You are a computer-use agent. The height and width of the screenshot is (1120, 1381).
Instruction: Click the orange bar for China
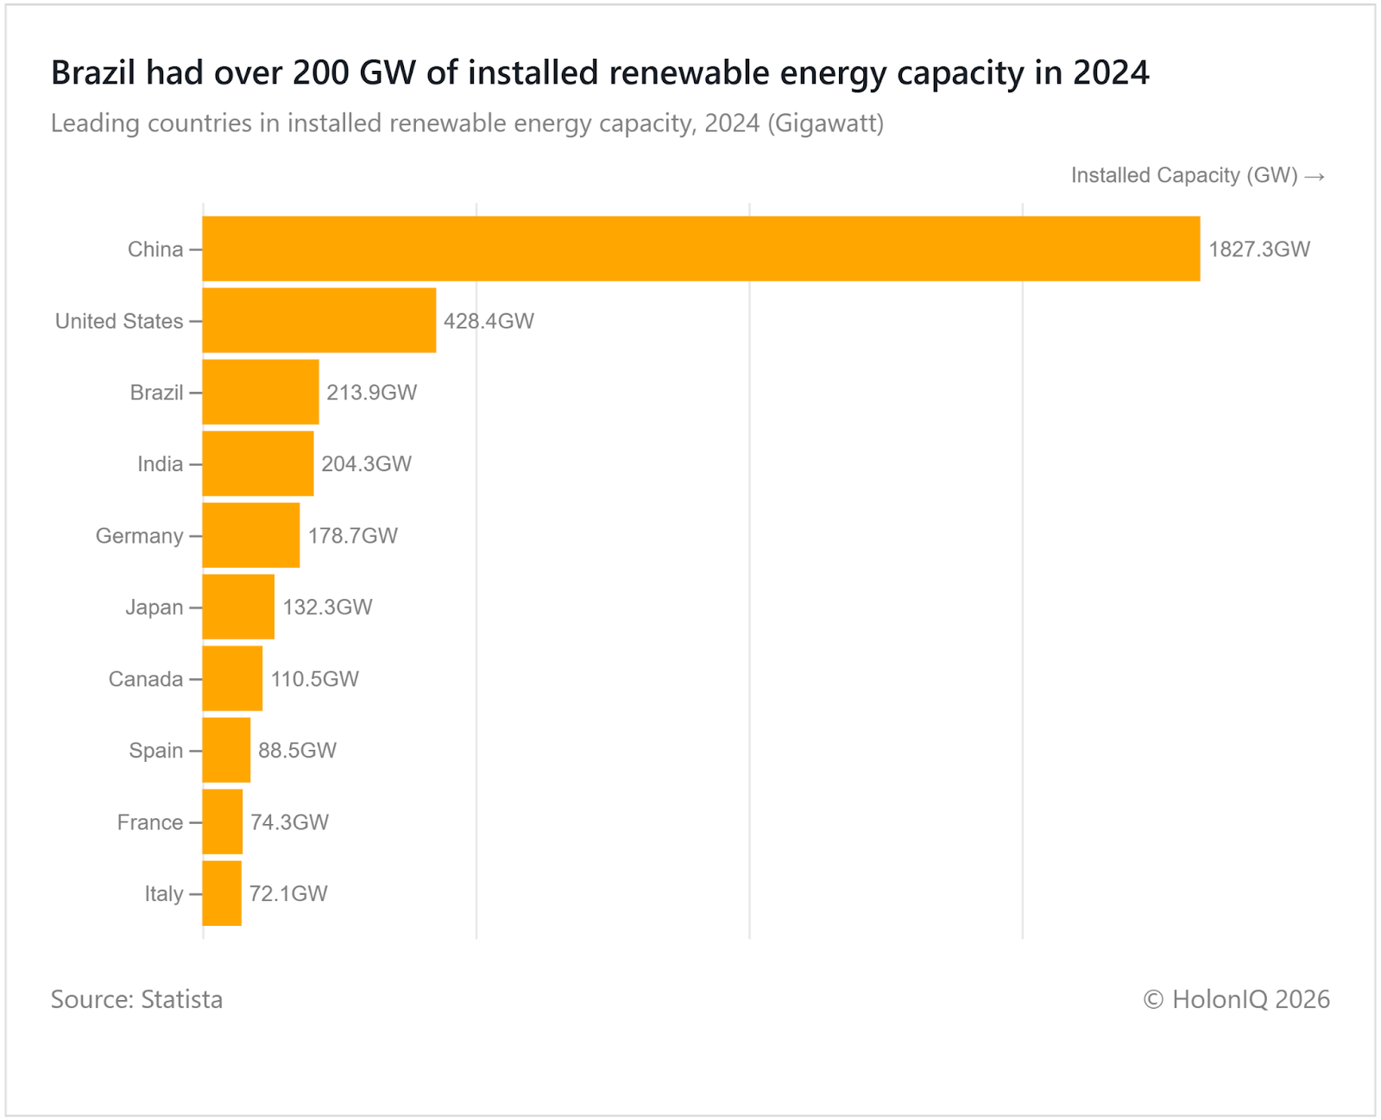[x=701, y=249]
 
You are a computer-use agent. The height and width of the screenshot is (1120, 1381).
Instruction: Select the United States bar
[x=319, y=320]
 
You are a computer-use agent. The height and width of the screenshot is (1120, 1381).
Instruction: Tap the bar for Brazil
[x=261, y=392]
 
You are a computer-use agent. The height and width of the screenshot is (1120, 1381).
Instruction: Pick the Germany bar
[x=251, y=535]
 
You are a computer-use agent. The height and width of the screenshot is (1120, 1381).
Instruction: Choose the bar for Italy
[x=222, y=893]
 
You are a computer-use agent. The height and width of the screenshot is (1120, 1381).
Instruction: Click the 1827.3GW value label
[x=1258, y=249]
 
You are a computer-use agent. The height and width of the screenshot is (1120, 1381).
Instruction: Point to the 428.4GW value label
[x=489, y=321]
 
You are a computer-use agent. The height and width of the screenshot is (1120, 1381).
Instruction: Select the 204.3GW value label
[x=366, y=464]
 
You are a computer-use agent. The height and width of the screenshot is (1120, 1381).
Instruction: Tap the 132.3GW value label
[x=327, y=607]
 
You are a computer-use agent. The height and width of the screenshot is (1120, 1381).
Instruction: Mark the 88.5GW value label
[x=297, y=751]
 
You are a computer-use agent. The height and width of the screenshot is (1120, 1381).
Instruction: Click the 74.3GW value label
[x=289, y=822]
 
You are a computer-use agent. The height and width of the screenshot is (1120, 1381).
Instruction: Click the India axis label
[x=161, y=464]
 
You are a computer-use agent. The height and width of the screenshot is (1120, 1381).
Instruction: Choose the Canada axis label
[x=146, y=679]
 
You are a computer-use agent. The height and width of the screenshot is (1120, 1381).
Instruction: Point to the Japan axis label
[x=154, y=607]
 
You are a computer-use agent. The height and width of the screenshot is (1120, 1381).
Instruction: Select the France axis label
[x=150, y=822]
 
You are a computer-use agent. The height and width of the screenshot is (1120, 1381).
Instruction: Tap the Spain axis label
[x=156, y=751]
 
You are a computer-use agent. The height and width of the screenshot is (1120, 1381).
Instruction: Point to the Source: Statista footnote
[x=136, y=999]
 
